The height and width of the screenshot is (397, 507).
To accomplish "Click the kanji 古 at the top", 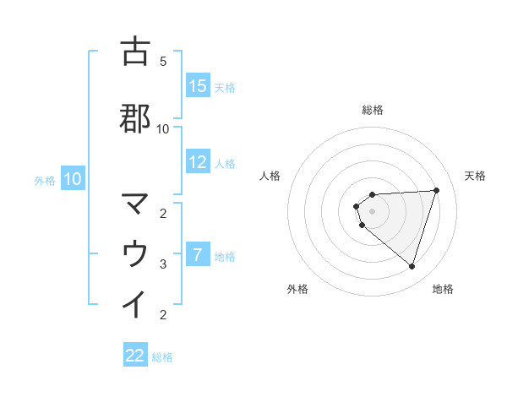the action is click(x=135, y=52).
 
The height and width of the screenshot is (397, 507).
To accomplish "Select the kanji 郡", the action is click(x=135, y=118).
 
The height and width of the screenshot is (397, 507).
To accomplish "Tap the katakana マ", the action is click(x=135, y=204).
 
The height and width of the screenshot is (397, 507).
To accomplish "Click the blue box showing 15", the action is click(x=198, y=86).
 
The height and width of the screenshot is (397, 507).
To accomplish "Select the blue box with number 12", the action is click(x=198, y=162).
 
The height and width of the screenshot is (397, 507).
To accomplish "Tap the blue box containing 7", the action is click(x=198, y=255).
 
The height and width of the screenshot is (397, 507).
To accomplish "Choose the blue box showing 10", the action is click(x=72, y=179).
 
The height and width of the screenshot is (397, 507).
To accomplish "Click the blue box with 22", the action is click(x=135, y=356).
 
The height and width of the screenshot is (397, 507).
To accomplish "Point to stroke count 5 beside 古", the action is click(x=163, y=62).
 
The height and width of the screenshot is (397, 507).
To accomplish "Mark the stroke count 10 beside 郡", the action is click(x=163, y=128).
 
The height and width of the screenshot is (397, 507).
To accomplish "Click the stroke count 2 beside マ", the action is click(x=163, y=213).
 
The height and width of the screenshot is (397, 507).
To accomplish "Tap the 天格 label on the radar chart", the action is click(x=475, y=176).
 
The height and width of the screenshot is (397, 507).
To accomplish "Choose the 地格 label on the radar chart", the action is click(x=443, y=289).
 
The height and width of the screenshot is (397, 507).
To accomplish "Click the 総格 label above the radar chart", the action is click(x=373, y=110).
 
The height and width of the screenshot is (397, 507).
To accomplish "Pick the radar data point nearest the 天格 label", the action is click(x=436, y=190).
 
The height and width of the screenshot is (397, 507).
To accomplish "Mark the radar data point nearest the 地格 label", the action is click(x=412, y=266).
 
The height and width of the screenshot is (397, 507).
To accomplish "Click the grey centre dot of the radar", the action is click(x=373, y=210).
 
